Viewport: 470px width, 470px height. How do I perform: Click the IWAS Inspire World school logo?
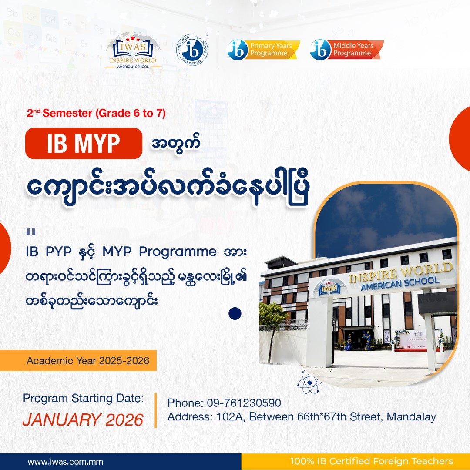(x=133, y=51)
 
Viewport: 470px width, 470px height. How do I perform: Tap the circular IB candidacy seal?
(x=192, y=50)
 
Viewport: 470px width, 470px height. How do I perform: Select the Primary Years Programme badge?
(x=263, y=50)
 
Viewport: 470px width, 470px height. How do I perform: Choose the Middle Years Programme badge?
(x=346, y=50)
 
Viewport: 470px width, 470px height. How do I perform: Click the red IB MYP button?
(x=84, y=143)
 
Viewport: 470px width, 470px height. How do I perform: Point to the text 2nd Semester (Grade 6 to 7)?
(x=96, y=113)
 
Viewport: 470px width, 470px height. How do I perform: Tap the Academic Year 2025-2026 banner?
(x=78, y=360)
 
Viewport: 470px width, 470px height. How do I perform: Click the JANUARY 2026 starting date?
(x=83, y=420)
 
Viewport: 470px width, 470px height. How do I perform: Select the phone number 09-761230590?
(x=244, y=403)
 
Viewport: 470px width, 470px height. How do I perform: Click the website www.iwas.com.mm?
(x=65, y=462)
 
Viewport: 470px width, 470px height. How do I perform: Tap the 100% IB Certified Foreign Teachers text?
(x=372, y=461)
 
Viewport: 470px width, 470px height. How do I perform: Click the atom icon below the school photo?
(x=309, y=382)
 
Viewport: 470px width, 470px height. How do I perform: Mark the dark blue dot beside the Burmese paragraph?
(x=235, y=313)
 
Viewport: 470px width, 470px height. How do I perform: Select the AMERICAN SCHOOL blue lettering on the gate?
(x=400, y=284)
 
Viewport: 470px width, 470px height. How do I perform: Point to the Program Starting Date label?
(x=83, y=399)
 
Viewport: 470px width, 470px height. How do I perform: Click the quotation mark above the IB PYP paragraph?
(x=31, y=232)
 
